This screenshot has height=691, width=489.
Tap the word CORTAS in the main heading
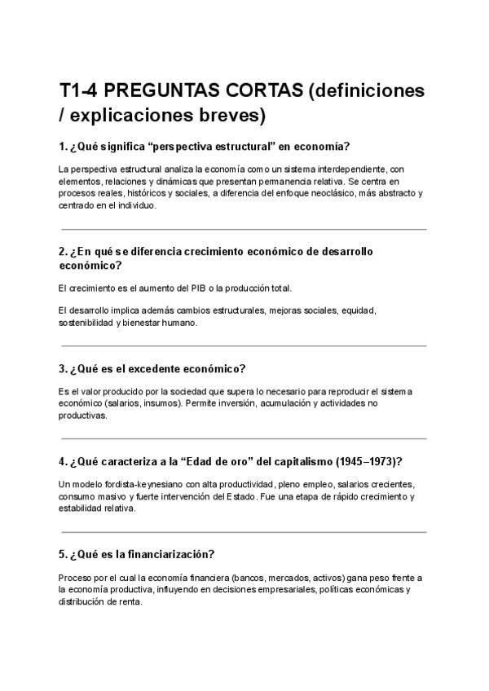coord(265,90)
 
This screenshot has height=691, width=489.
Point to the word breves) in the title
coord(233,116)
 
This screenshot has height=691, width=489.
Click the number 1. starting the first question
coord(64,147)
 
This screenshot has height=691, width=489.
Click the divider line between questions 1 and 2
coord(242,229)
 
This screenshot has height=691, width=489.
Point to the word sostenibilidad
coord(86,322)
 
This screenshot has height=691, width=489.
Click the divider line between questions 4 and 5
coord(242,532)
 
